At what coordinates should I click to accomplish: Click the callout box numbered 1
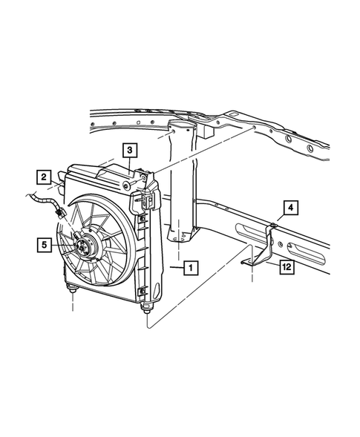[x=191, y=266]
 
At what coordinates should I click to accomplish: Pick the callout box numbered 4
[x=289, y=207]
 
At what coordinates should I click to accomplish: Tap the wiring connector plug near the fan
[x=59, y=213]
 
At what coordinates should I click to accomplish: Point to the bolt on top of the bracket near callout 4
[x=273, y=223]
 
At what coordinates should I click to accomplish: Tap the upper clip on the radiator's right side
[x=145, y=200]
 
